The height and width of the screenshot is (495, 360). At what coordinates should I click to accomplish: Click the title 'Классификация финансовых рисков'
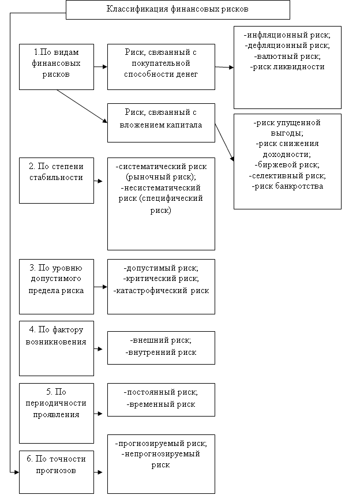[178, 9]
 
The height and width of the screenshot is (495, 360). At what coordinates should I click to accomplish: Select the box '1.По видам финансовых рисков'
[57, 67]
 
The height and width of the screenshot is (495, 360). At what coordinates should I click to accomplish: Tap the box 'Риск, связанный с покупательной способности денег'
[161, 67]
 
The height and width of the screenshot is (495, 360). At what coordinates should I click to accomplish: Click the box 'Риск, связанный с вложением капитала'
[161, 123]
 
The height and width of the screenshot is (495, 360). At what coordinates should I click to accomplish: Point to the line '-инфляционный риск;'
[287, 35]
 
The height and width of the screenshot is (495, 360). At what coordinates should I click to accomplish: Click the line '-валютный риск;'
[287, 56]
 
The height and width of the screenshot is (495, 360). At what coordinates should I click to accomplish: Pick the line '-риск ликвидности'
[287, 67]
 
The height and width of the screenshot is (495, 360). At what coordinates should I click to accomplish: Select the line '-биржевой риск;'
[287, 165]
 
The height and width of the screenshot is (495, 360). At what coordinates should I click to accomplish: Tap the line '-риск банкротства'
[287, 186]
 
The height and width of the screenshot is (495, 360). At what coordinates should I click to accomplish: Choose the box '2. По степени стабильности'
[57, 181]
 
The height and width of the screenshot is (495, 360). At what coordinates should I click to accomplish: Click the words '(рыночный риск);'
[161, 177]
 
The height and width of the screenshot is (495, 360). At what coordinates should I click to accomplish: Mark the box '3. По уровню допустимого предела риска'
[57, 287]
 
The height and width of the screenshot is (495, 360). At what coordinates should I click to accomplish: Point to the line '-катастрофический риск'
[161, 290]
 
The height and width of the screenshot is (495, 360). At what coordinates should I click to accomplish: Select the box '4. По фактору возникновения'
[57, 348]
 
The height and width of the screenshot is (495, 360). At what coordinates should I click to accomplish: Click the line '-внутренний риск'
[161, 352]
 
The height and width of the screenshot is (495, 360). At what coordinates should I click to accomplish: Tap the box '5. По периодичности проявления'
[57, 414]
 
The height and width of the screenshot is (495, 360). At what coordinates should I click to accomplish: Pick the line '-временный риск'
[161, 404]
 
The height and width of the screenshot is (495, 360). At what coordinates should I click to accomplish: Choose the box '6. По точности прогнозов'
[57, 472]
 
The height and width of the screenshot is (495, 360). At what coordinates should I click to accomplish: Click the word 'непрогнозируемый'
[162, 454]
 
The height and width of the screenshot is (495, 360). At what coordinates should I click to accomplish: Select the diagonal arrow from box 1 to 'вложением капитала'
[82, 106]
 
